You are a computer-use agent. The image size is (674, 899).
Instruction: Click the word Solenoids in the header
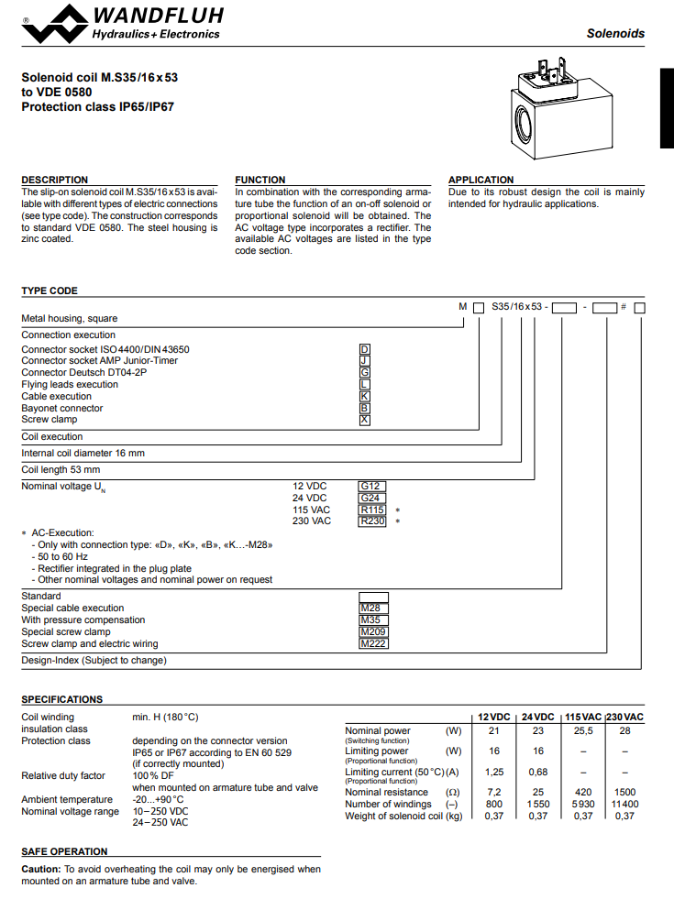tap(615, 33)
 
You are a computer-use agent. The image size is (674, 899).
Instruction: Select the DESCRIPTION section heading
tap(55, 180)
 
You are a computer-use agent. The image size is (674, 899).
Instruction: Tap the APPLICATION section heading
tap(481, 180)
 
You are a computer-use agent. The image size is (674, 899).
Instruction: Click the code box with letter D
tap(365, 349)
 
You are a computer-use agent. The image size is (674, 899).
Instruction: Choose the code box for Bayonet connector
tap(365, 408)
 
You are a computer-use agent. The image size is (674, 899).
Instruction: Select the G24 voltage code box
tap(370, 498)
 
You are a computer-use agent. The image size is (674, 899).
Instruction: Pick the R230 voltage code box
tap(372, 521)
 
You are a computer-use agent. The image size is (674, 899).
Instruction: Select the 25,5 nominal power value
tap(583, 731)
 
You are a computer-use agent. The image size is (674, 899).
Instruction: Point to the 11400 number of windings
tap(624, 804)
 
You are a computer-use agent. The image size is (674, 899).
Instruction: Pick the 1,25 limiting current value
tap(494, 773)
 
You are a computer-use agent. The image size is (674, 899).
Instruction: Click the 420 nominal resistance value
tap(583, 792)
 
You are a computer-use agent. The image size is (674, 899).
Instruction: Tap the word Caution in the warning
tap(40, 869)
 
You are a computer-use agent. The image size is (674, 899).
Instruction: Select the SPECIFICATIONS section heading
tap(62, 699)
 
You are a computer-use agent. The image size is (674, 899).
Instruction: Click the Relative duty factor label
tap(63, 775)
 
